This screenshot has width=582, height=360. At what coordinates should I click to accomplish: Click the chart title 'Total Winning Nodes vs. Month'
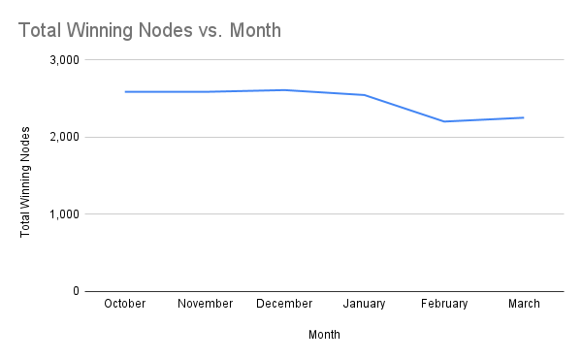point(149,30)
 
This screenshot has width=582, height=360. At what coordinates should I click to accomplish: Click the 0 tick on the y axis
point(75,291)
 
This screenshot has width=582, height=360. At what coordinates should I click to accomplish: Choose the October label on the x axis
point(124,304)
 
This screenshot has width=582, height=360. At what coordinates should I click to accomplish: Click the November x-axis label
point(205,304)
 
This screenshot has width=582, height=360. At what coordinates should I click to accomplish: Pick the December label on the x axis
point(284,304)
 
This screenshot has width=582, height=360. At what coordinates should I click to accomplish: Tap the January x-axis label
point(364,304)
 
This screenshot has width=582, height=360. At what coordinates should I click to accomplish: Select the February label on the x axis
point(444,304)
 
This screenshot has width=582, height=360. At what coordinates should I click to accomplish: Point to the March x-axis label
point(524,304)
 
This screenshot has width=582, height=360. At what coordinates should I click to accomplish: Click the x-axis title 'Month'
point(324,335)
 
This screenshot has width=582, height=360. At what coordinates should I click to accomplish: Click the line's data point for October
point(124,92)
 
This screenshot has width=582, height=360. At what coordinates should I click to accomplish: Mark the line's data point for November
point(205,92)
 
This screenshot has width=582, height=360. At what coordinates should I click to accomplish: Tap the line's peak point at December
point(284,90)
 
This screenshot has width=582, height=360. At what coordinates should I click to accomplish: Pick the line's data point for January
point(364,95)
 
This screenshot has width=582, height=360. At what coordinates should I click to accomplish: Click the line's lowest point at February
point(444,121)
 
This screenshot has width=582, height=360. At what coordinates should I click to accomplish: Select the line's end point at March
point(524,117)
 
